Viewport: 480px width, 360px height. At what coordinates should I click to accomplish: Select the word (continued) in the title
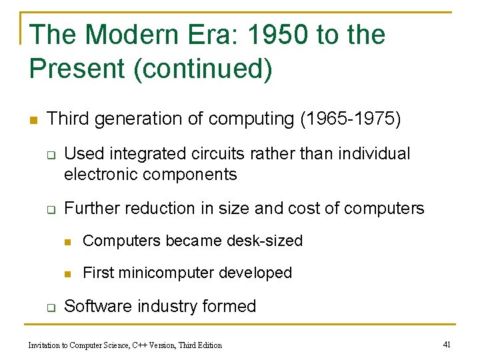[203, 69]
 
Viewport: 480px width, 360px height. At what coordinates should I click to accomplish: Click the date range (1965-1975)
[351, 119]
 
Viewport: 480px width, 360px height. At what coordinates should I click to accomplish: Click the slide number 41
[447, 345]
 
